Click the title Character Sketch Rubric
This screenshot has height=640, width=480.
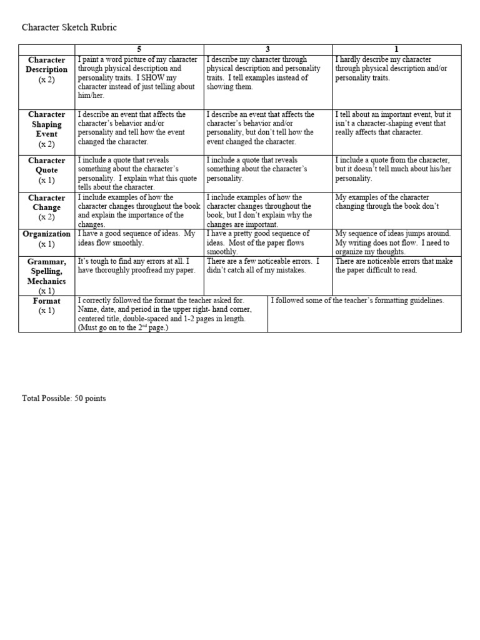[69, 27]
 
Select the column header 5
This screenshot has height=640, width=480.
[139, 49]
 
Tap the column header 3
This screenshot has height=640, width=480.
[267, 49]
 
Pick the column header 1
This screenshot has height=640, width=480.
[396, 49]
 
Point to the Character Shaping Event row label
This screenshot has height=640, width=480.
[47, 129]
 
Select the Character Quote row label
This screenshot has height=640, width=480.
[47, 170]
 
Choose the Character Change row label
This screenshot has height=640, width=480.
[47, 207]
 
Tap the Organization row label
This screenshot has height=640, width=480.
[47, 239]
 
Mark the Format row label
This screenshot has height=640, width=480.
[47, 306]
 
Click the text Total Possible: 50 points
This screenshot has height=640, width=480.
[64, 398]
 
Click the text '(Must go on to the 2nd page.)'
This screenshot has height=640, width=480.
[123, 327]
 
